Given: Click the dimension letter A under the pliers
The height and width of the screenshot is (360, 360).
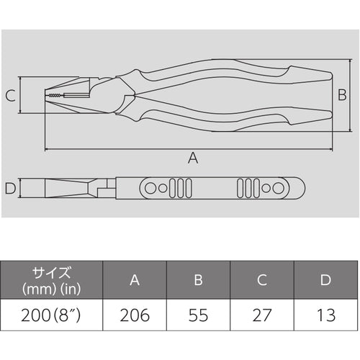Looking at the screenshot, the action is pyautogui.click(x=193, y=158).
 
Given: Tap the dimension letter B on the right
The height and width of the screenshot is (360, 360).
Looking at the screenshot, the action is pyautogui.click(x=342, y=94).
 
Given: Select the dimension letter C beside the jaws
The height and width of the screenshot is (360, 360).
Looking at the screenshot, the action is pyautogui.click(x=11, y=95).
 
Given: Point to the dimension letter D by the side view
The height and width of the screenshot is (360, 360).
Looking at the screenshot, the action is pyautogui.click(x=10, y=188).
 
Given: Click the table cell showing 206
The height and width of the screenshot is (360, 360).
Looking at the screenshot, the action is pyautogui.click(x=135, y=315).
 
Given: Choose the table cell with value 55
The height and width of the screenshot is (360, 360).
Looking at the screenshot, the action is pyautogui.click(x=198, y=315).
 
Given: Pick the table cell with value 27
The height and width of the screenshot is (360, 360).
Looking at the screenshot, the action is pyautogui.click(x=262, y=315).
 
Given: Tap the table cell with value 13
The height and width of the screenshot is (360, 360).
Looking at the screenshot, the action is pyautogui.click(x=326, y=315).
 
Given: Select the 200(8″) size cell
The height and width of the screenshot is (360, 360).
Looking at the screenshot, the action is pyautogui.click(x=51, y=315).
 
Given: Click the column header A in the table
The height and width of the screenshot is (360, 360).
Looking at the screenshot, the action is pyautogui.click(x=135, y=280).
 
